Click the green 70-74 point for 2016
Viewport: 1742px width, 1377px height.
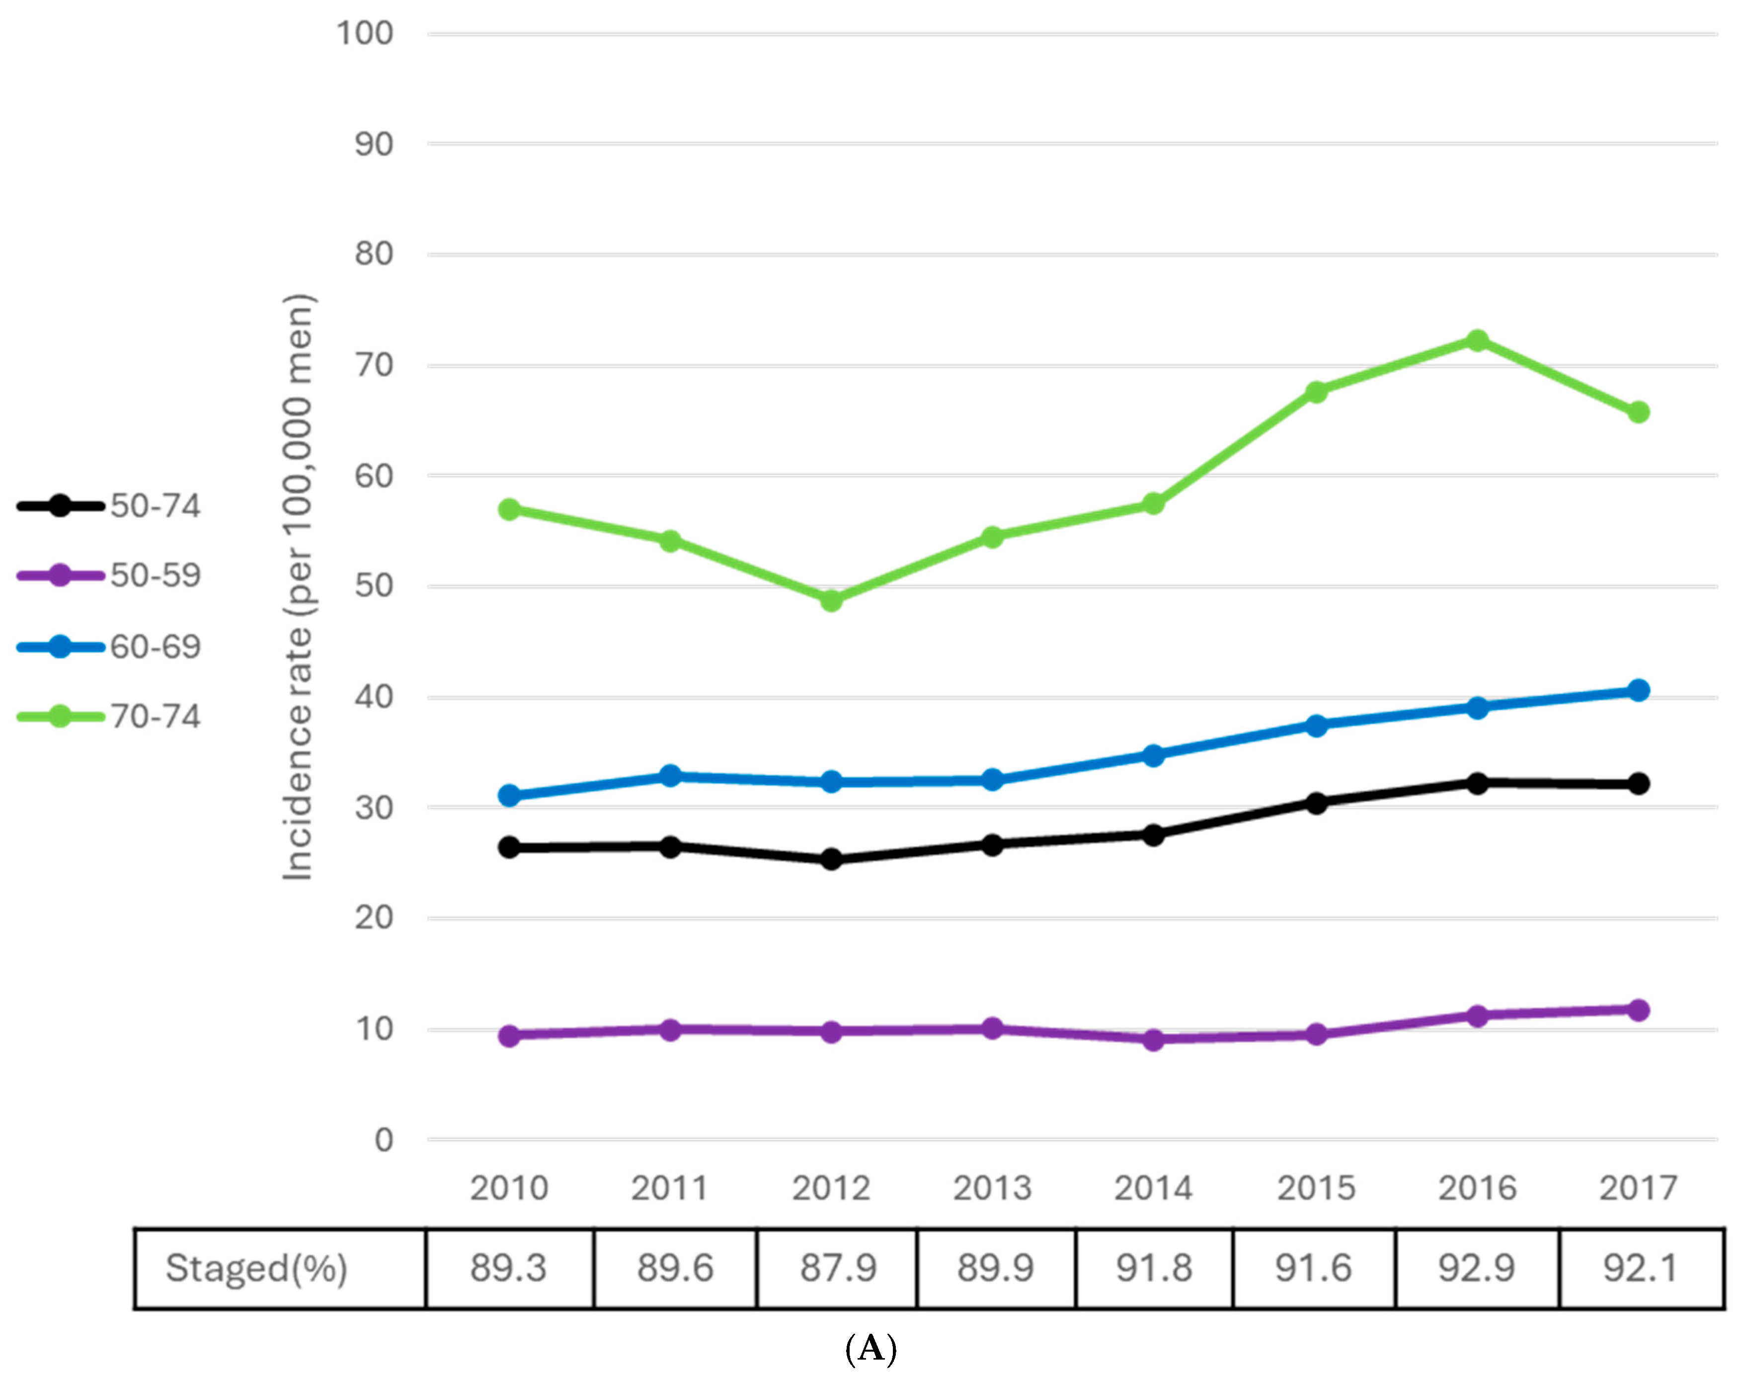tap(1477, 340)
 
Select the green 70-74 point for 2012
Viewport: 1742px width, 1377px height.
tap(831, 601)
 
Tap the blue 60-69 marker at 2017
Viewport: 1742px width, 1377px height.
tap(1638, 690)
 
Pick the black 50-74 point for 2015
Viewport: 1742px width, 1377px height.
tap(1316, 803)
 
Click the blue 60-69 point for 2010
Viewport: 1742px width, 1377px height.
tap(509, 796)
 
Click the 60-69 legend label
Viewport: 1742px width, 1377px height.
tap(155, 647)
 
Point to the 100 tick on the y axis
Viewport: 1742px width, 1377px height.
tap(365, 34)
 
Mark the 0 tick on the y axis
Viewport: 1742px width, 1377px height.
tap(384, 1140)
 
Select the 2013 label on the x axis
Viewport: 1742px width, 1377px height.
tap(992, 1188)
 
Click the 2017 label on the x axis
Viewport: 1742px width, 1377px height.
tap(1638, 1188)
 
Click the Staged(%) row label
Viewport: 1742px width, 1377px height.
tap(256, 1269)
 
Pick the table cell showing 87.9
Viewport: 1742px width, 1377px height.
tap(838, 1269)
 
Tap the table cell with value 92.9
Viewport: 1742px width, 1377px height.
tap(1477, 1269)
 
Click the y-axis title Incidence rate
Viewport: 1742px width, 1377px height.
tap(298, 587)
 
